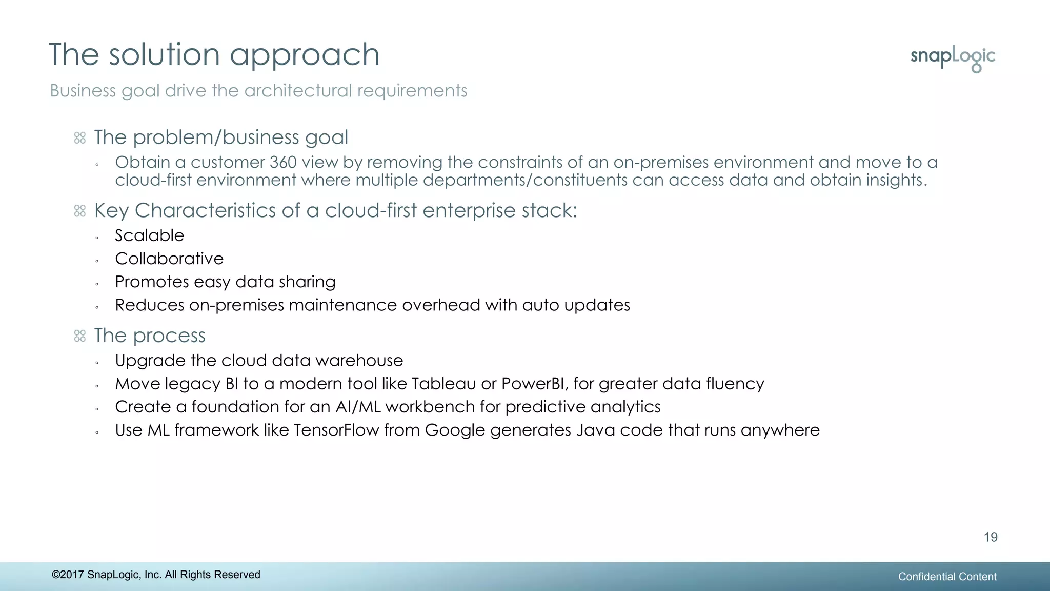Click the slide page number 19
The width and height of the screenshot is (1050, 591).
tap(990, 537)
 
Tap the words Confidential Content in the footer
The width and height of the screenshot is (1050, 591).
tap(947, 577)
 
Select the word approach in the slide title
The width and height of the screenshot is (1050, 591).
tap(305, 55)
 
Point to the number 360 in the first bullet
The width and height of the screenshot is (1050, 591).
tap(283, 162)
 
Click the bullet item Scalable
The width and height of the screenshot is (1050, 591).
tap(149, 235)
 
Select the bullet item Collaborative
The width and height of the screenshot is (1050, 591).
tap(169, 259)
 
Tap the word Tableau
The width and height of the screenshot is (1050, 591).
tap(443, 384)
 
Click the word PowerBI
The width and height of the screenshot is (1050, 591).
tap(533, 384)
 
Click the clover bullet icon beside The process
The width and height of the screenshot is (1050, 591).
tap(80, 336)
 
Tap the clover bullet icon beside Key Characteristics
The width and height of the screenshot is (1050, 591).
tap(80, 211)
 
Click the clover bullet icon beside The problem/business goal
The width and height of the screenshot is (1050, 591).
tap(80, 138)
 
